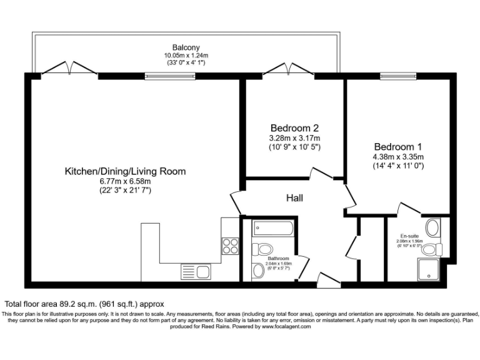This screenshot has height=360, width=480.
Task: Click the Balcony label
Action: point(186,47)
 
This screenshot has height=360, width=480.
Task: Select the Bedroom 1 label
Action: point(398,146)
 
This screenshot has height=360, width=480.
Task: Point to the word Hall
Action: point(294,198)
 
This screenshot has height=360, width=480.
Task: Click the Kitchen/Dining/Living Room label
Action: point(126,171)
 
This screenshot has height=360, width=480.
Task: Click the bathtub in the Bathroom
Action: point(273,229)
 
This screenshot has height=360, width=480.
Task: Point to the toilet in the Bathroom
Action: point(262,249)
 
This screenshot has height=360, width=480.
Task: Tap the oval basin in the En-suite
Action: point(431,227)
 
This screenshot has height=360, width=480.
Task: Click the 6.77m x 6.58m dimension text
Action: point(125,181)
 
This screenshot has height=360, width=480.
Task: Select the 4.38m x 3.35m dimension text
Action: point(398,156)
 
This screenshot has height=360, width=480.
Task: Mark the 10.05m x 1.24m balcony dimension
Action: point(186,55)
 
